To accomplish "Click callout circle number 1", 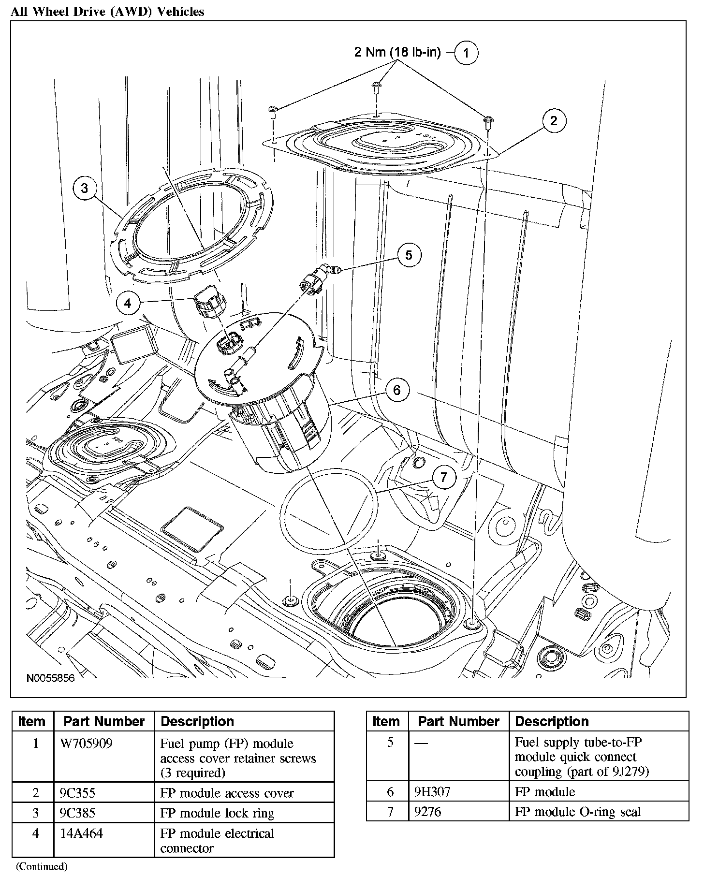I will click(x=466, y=53).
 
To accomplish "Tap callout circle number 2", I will click(x=554, y=120).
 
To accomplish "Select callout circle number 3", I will click(x=85, y=188).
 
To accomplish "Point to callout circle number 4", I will click(x=128, y=303).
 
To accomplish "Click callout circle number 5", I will click(x=409, y=255).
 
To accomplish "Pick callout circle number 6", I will click(x=397, y=390).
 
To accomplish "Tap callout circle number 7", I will click(x=444, y=478).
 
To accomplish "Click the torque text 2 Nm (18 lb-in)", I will click(x=397, y=52).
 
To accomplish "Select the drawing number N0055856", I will click(x=51, y=678).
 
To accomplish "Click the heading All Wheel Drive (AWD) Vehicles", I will click(x=107, y=12).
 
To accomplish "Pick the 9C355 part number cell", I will click(x=77, y=793).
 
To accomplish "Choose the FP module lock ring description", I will click(x=217, y=813).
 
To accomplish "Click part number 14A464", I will click(x=81, y=833).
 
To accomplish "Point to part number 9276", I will click(x=428, y=812).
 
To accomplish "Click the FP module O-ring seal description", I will click(x=578, y=812).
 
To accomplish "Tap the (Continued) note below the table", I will click(x=42, y=866).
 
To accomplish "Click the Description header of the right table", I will click(x=552, y=722).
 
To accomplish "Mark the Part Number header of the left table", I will click(x=104, y=722).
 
